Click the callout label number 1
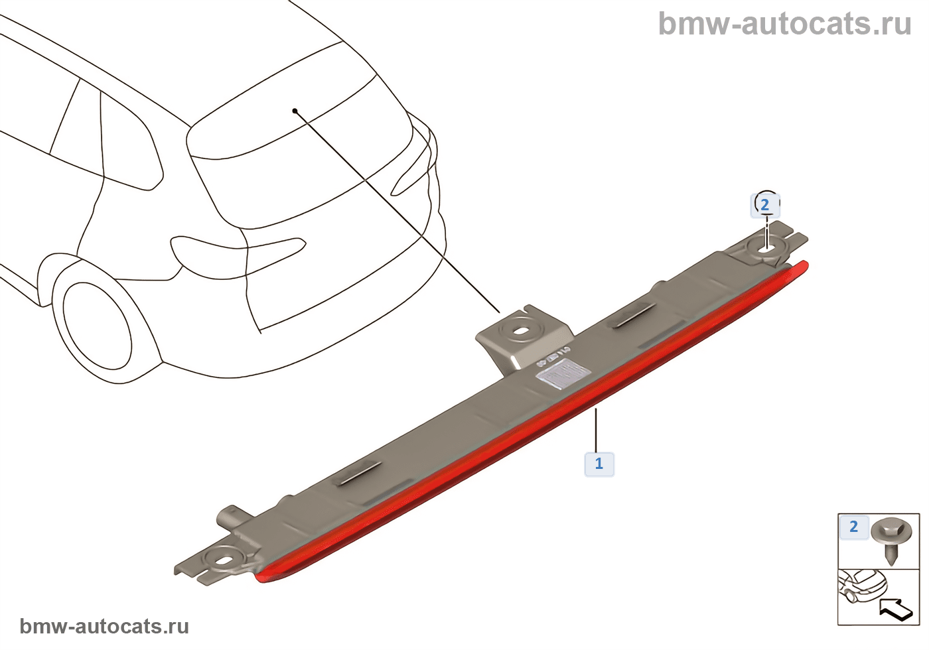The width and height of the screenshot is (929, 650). click(x=599, y=464)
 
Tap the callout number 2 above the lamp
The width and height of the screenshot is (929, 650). click(x=764, y=205)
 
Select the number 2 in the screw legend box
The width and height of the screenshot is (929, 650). click(x=853, y=527)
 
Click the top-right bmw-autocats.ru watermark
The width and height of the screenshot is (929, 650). click(x=784, y=24)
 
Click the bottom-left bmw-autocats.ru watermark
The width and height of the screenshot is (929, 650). click(x=104, y=626)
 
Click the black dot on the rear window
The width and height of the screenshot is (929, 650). click(x=295, y=111)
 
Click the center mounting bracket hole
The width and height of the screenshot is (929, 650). click(x=522, y=330)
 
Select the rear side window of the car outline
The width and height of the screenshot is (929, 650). click(x=129, y=143)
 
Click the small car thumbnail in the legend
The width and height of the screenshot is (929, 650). click(x=863, y=587)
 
